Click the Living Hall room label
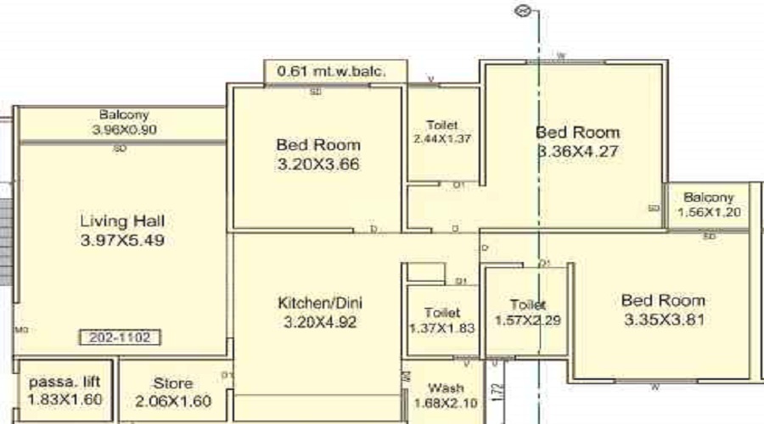[122, 221]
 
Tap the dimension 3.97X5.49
[122, 240]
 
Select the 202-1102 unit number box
[120, 338]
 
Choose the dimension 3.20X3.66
[318, 165]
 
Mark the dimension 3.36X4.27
[578, 153]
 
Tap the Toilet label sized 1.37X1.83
[443, 313]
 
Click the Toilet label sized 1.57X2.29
[526, 304]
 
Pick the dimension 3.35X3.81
[663, 321]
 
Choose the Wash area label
[446, 387]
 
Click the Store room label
[172, 383]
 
